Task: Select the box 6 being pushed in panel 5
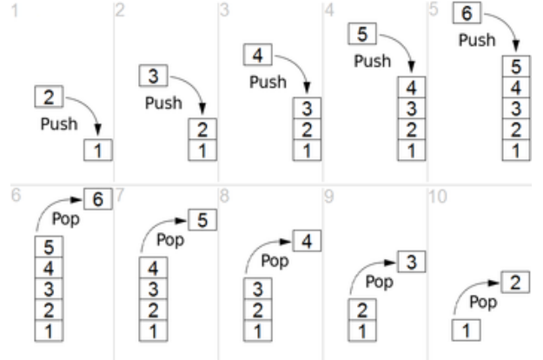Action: click(x=466, y=15)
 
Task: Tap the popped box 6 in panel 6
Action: click(x=98, y=199)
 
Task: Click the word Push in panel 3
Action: click(x=268, y=83)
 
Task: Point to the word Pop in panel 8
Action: click(x=275, y=260)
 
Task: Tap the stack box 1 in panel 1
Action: click(x=98, y=150)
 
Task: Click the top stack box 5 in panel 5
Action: click(x=516, y=68)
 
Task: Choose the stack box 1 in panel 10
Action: click(x=466, y=331)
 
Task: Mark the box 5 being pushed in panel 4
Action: click(x=361, y=35)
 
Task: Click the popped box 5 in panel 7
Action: click(x=202, y=220)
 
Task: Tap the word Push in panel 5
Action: click(x=477, y=40)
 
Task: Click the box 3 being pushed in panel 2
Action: click(x=153, y=77)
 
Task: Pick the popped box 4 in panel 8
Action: click(x=307, y=241)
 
